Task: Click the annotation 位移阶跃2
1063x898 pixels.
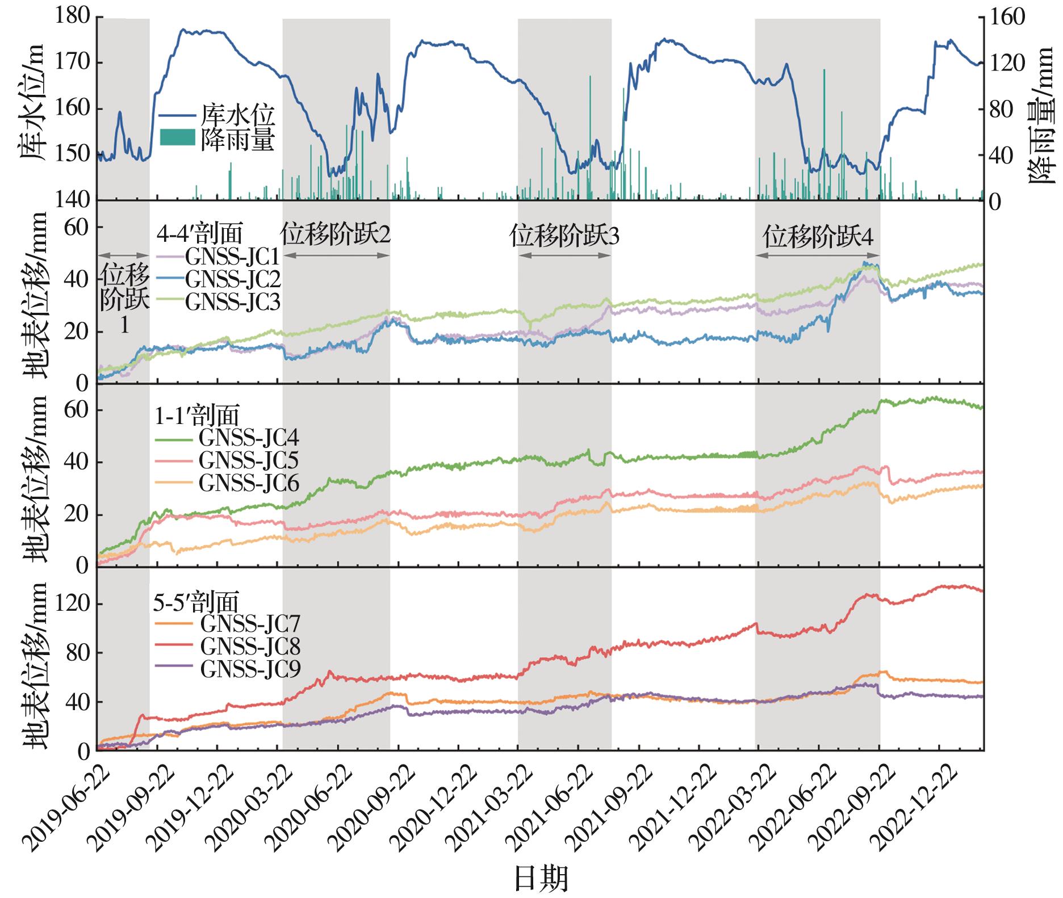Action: click(336, 234)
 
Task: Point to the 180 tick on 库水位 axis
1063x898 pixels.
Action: click(73, 17)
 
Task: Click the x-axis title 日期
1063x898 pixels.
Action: click(541, 879)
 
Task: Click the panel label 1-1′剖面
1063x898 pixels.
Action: click(197, 416)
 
